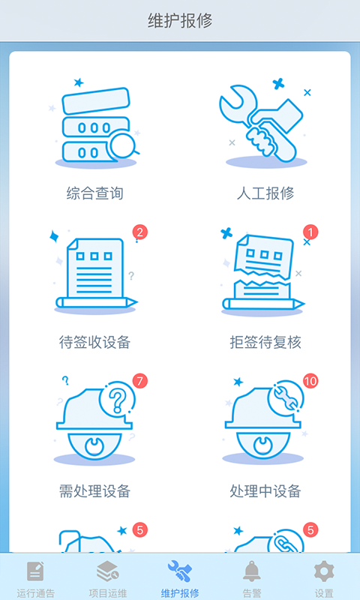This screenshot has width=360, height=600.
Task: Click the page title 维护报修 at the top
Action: click(x=180, y=21)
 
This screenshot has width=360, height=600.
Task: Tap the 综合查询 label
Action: click(x=95, y=193)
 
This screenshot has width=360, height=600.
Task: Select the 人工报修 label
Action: click(x=265, y=193)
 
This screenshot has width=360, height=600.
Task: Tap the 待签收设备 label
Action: click(x=95, y=342)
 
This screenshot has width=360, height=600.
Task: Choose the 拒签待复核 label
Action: click(x=265, y=342)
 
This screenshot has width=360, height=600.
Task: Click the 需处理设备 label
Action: click(x=95, y=491)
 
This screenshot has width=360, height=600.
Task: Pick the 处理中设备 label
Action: click(x=265, y=491)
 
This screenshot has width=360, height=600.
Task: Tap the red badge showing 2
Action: click(x=140, y=232)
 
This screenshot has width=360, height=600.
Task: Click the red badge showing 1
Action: click(x=310, y=232)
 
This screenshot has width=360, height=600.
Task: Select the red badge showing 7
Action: click(x=140, y=381)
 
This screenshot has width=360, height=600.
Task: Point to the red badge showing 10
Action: click(x=310, y=381)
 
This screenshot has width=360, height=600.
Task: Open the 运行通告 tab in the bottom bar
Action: click(x=35, y=578)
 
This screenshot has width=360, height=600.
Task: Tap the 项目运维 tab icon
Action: click(x=107, y=571)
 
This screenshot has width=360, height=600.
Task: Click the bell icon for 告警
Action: click(x=252, y=571)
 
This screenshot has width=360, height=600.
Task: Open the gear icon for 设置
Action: click(x=324, y=571)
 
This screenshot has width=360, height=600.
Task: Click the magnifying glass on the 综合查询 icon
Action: click(x=123, y=145)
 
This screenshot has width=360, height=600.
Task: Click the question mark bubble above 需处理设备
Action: click(x=116, y=399)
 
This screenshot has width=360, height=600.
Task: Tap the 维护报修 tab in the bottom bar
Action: click(x=180, y=578)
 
